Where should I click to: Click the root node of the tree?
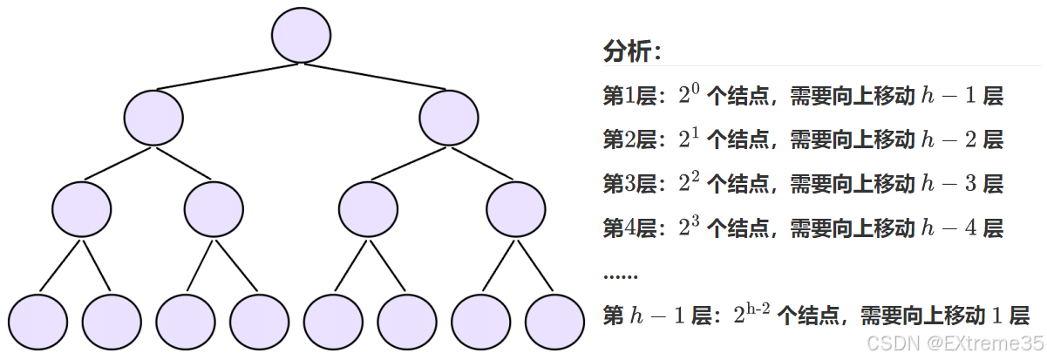(x=301, y=35)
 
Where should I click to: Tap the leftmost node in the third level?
(x=81, y=208)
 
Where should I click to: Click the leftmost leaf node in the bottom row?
(x=37, y=322)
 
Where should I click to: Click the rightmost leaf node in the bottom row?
(x=554, y=322)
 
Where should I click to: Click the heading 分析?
(x=632, y=51)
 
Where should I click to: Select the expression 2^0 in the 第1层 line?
(x=689, y=95)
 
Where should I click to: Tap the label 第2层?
(x=629, y=139)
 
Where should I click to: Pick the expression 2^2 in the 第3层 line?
(x=689, y=184)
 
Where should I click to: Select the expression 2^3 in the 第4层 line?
(x=689, y=228)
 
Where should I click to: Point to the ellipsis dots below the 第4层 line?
(x=620, y=275)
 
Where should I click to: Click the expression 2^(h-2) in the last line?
(x=751, y=315)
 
